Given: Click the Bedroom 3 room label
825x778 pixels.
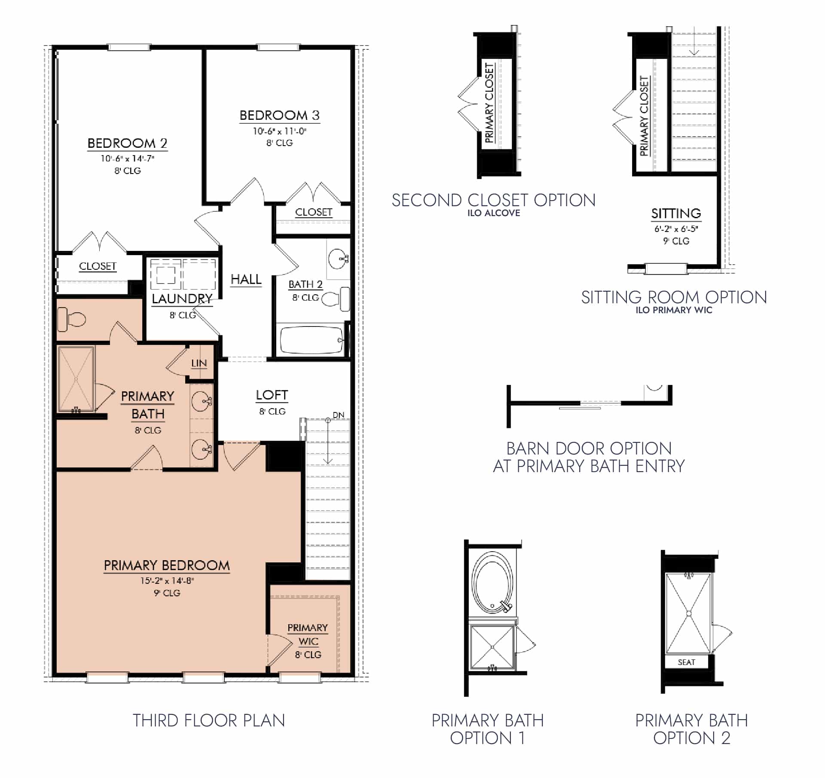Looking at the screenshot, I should [279, 115].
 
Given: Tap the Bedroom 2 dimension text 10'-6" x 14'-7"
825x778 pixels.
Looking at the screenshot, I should [127, 159].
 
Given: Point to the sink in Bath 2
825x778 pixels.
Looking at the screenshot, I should [338, 259].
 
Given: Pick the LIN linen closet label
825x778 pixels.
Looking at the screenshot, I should [199, 363].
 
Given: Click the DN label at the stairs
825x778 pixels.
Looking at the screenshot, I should [339, 415].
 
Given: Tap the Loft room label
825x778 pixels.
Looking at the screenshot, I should [272, 395].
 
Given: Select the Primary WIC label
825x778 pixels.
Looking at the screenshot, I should [308, 634].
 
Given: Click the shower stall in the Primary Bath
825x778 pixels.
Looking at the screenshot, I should [76, 378].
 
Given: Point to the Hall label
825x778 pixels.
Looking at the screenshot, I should [246, 279].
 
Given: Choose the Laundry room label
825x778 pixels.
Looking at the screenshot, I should [182, 299].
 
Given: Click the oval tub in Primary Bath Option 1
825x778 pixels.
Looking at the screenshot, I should [492, 583].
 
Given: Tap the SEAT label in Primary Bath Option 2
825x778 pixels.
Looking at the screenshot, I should [686, 662].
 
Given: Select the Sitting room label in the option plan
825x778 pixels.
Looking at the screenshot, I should [676, 214].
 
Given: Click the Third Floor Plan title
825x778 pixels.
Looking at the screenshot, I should [209, 720].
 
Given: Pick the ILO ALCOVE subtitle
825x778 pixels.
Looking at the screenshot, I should [494, 213].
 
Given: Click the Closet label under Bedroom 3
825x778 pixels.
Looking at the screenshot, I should [314, 212].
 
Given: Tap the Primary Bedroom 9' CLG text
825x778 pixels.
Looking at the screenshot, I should [167, 593].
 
